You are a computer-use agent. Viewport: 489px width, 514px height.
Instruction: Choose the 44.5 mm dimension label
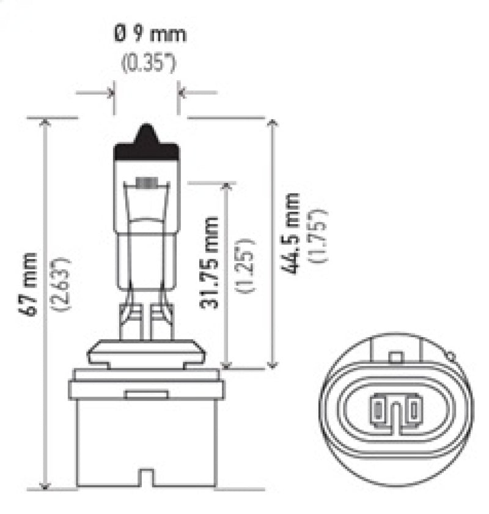[x=293, y=233]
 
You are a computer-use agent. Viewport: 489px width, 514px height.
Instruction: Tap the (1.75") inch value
[x=322, y=236]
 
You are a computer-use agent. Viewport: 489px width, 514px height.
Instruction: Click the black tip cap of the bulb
[x=147, y=142]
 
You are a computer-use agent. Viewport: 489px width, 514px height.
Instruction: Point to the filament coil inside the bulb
[x=147, y=182]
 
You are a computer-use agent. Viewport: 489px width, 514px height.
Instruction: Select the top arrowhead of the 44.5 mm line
[x=273, y=122]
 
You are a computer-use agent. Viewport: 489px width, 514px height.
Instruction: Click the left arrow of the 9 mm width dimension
[x=109, y=93]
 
